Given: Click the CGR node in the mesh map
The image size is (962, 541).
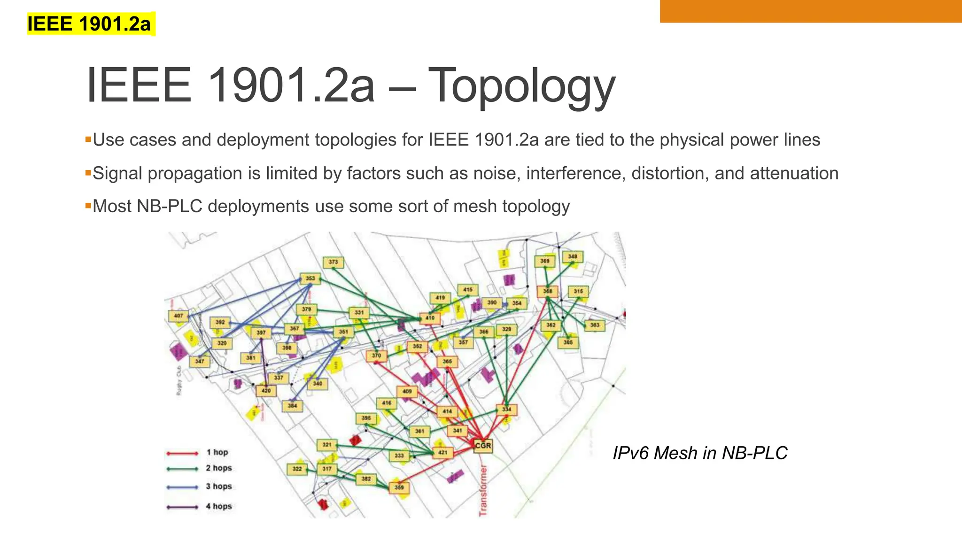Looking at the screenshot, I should point(483,445).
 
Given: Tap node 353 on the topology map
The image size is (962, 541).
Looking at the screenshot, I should point(310,278).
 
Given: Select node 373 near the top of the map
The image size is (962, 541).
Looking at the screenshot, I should point(333,262).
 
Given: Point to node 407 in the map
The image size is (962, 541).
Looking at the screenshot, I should point(178,316).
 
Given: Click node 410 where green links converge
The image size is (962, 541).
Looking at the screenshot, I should point(430,318).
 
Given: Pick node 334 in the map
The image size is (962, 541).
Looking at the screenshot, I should point(506,410).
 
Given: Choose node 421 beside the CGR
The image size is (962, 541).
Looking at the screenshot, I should point(442,452).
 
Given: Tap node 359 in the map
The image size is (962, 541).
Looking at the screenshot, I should point(399,487).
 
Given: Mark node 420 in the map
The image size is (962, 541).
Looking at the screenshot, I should point(266,391).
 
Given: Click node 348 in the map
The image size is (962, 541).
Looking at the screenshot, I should point(573,256).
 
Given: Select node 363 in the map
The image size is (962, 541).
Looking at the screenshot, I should point(595,325).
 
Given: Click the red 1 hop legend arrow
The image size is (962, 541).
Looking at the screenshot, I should point(182,453).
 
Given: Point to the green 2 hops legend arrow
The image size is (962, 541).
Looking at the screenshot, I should point(182,469).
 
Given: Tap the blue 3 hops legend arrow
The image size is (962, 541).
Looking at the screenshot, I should point(182,487).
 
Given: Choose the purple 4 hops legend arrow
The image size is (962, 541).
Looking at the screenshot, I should point(182,507).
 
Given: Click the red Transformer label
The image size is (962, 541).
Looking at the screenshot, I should point(483,491).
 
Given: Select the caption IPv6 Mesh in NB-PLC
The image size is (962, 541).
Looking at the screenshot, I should point(700,453).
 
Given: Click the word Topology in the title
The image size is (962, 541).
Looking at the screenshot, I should point(521,85).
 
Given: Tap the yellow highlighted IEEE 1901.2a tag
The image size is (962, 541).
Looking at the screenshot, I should point(89,24).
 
